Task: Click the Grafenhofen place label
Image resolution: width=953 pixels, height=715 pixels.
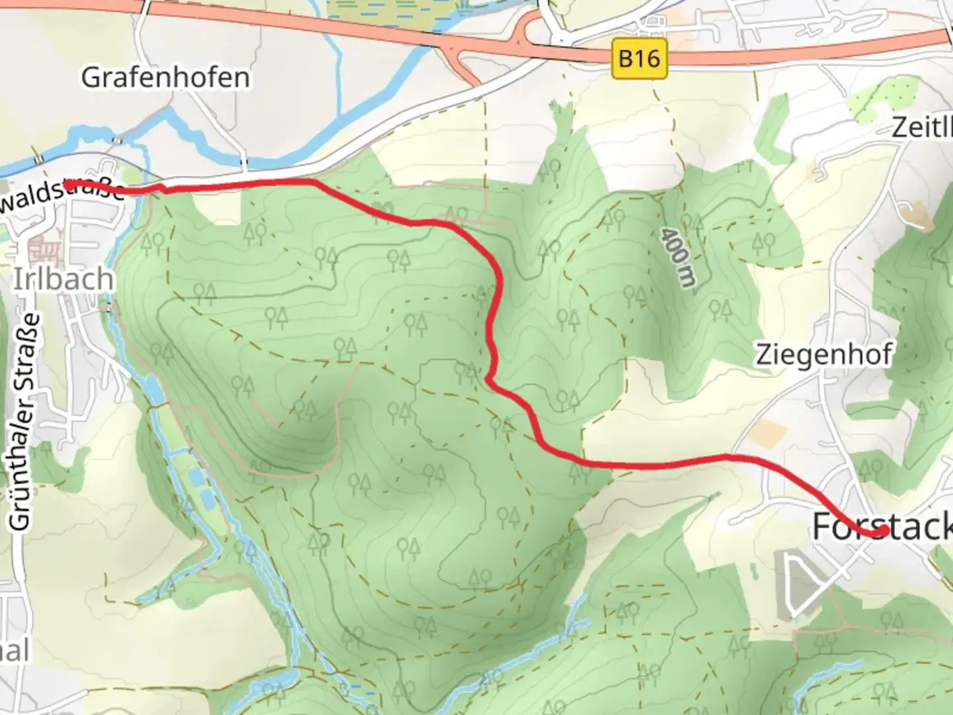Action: tap(165, 78)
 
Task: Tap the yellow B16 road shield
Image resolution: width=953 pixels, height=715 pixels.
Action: tap(639, 59)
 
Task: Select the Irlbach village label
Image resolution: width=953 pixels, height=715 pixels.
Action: tap(64, 279)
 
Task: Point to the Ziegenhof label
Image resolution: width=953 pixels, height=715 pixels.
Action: tap(824, 355)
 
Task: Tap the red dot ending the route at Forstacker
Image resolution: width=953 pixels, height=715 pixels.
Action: tap(883, 530)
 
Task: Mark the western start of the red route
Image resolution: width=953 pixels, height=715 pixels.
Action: tap(68, 183)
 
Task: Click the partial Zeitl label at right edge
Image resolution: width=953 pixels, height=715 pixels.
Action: tap(922, 127)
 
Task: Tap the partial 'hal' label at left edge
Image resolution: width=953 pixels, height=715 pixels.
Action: tap(15, 650)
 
